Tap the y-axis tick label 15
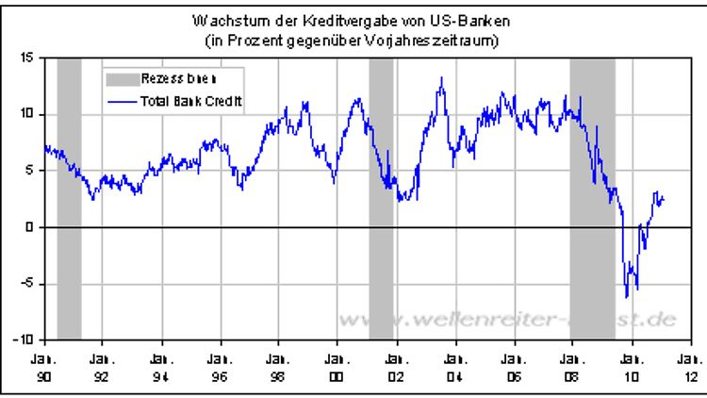27,58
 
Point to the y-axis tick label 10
27,114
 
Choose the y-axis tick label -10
25,339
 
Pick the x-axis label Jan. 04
453,365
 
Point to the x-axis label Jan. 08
571,365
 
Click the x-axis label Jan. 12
688,365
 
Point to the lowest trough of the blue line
627,298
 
